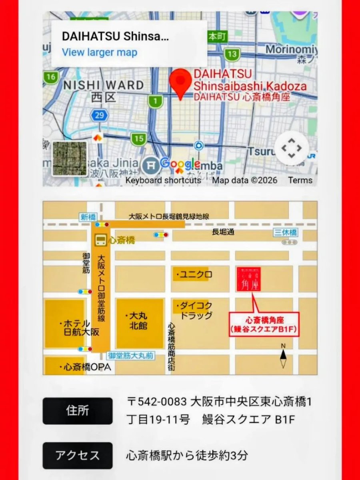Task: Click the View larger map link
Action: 99,52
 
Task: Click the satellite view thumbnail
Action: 69,158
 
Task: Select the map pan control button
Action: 292,148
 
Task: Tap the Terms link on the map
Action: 300,180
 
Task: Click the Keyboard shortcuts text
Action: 163,180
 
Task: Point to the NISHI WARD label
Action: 103,85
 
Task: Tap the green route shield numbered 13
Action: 232,54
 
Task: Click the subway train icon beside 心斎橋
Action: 100,240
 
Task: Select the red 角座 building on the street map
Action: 248,279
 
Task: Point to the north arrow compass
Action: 283,356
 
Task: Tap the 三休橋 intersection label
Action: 286,232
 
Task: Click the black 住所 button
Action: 78,411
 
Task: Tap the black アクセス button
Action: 78,455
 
